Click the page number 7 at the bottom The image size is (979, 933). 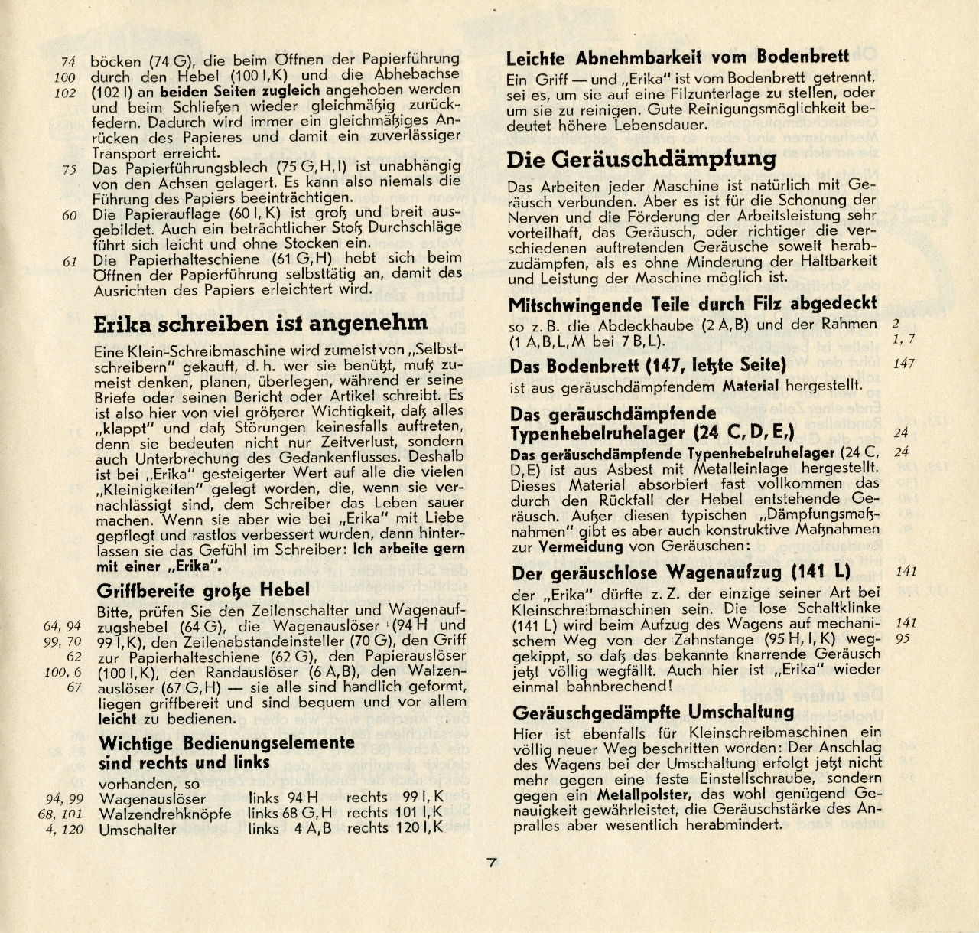click(x=492, y=862)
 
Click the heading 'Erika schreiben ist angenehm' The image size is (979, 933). click(x=260, y=324)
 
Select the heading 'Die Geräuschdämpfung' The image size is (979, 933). click(x=641, y=159)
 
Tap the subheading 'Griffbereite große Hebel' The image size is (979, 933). click(x=203, y=590)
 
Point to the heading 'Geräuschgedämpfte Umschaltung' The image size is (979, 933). click(x=653, y=713)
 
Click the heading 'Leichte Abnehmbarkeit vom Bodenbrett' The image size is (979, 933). click(x=678, y=57)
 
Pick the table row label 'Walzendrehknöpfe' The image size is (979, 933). click(x=165, y=813)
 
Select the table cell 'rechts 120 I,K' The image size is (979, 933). click(x=395, y=829)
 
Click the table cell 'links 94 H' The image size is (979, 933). click(x=283, y=798)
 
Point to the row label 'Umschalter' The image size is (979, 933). click(x=138, y=829)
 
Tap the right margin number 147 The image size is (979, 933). click(x=903, y=363)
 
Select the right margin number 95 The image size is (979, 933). click(x=903, y=638)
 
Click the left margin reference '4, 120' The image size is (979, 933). click(x=63, y=829)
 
